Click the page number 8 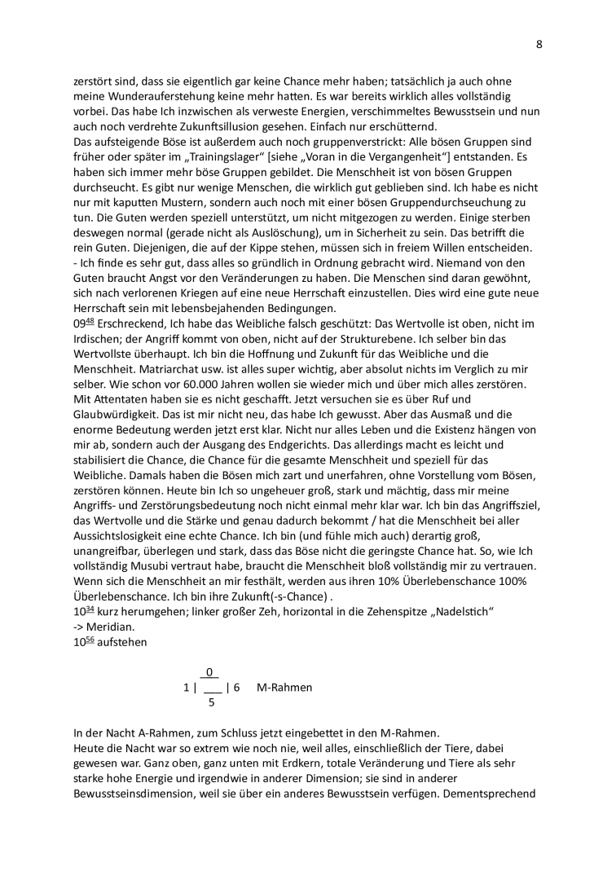click(539, 44)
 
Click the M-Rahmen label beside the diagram click(284, 687)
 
